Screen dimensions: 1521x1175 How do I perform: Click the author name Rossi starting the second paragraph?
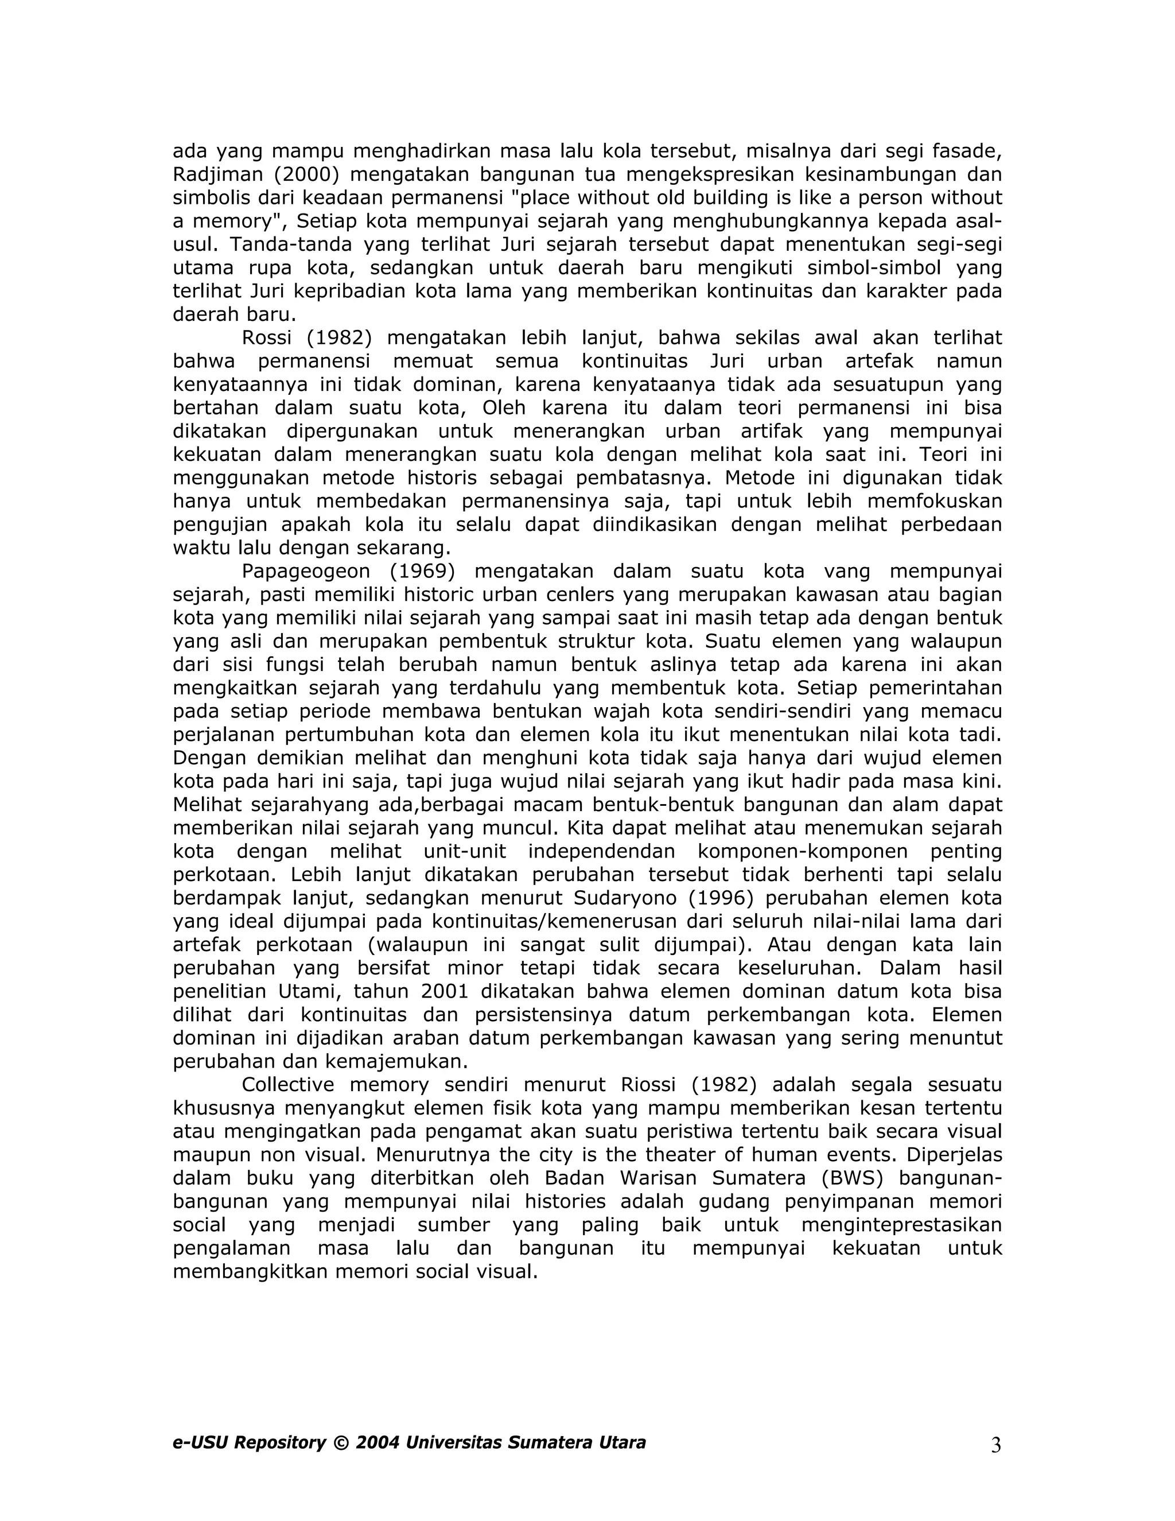pos(267,337)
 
